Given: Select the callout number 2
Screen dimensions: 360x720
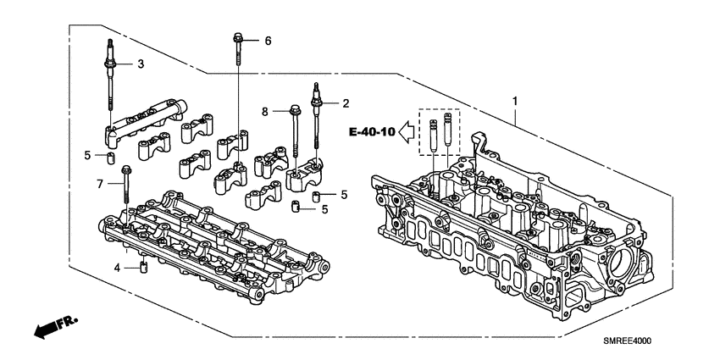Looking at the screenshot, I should (346, 103).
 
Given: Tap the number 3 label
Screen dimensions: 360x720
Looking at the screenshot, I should (141, 64).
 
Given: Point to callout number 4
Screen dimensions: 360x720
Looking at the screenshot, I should (118, 269).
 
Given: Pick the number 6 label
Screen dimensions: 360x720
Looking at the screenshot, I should (268, 41).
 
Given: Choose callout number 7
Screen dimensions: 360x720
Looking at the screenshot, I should (101, 184).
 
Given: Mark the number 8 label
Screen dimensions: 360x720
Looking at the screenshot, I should (265, 110).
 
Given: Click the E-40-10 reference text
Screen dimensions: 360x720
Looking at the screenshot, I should (371, 132).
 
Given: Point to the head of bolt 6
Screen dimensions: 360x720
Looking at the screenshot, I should (240, 37).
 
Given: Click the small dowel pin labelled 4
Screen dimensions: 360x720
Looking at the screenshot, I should (143, 269).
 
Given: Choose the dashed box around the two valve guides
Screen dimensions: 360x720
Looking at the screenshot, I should (440, 131).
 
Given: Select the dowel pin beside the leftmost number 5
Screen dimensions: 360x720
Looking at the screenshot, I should (110, 158).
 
